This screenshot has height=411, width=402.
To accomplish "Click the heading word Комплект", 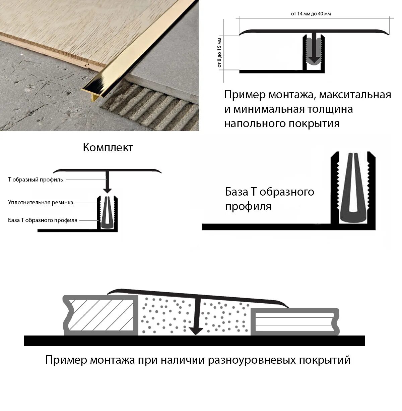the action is (108, 148).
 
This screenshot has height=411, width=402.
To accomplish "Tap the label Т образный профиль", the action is (36, 179).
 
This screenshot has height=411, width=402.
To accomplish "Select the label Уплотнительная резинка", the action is (41, 202).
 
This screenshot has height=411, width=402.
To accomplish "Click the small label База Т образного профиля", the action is (43, 220).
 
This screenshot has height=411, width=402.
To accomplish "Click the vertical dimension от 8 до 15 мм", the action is (220, 53).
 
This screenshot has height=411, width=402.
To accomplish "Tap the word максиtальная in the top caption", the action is (355, 95).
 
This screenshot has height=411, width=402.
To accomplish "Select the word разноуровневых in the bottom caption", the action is (252, 360).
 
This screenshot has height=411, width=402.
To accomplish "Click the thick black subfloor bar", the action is (194, 341).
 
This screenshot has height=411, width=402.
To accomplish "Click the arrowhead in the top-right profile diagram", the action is (314, 60).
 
